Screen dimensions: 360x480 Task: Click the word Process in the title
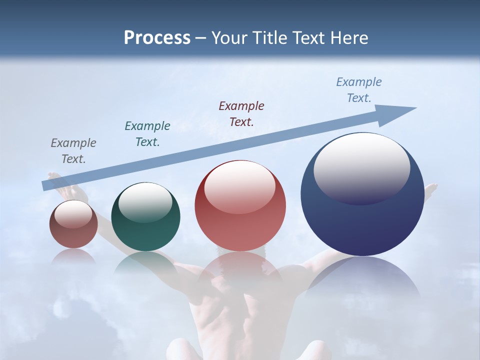(157, 38)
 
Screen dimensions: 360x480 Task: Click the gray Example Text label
(73, 151)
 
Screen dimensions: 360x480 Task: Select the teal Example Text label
(147, 134)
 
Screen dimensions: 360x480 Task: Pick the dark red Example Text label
(241, 114)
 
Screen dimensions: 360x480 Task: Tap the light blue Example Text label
(359, 90)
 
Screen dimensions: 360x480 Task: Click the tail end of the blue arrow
(45, 186)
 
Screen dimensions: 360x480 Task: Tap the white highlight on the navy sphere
(362, 167)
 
